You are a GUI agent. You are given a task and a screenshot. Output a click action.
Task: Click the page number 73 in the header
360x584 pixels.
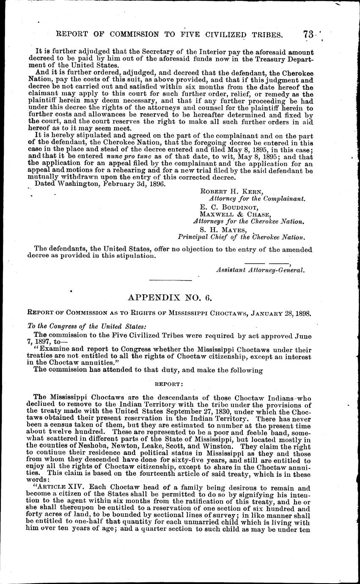click(310, 34)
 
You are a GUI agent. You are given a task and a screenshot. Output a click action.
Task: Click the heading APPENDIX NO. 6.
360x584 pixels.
click(170, 298)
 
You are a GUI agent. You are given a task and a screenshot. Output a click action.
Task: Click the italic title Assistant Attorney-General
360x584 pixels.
click(260, 269)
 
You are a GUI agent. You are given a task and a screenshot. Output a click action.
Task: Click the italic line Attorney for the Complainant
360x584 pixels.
click(257, 198)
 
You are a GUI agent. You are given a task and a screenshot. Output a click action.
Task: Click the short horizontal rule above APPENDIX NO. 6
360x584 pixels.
click(170, 280)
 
